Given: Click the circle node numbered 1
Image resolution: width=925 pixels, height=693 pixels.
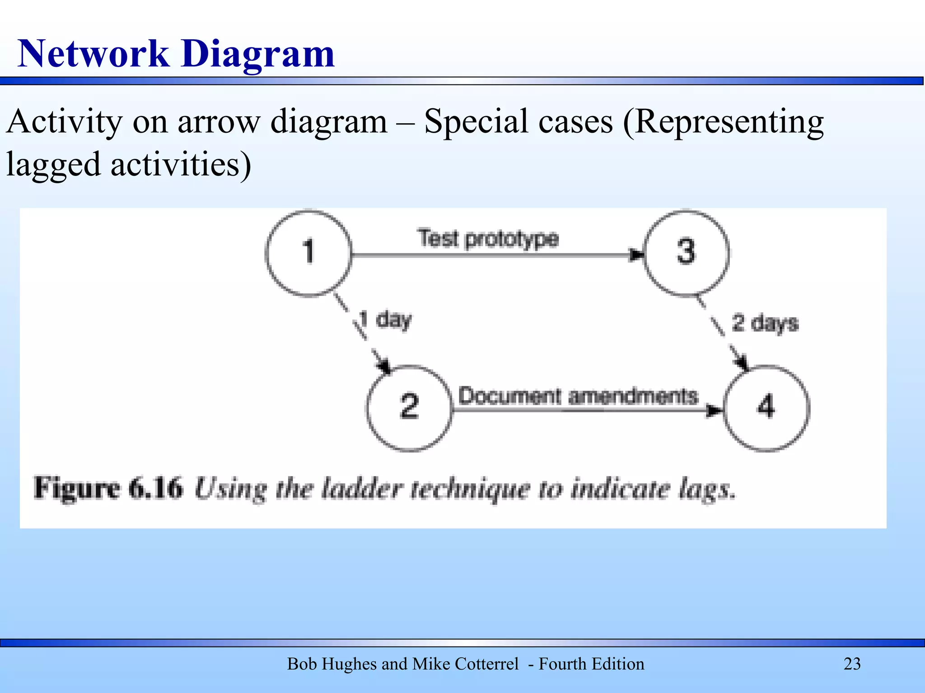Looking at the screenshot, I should coord(308,253).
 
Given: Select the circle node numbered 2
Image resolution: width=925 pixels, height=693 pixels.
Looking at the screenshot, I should coord(409,407).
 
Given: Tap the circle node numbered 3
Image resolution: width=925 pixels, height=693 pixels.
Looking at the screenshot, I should coord(686,253).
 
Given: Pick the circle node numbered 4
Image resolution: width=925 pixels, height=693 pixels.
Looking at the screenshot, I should coord(766,407).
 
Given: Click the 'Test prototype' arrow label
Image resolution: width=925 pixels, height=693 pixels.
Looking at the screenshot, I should coord(488,239).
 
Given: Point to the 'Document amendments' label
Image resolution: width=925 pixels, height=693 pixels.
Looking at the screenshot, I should coord(578,397).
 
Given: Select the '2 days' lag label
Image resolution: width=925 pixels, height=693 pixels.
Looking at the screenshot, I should coord(765,323).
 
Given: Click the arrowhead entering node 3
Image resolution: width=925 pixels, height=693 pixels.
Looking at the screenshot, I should coord(637,255).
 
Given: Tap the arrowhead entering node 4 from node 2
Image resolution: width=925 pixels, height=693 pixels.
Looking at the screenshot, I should coord(715,410).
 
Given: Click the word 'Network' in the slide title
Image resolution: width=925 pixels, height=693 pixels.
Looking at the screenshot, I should coord(93,54).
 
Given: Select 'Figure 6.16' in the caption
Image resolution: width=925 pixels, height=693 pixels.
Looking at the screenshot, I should coord(108,488).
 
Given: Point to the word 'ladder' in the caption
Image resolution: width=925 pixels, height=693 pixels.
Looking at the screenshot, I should coord(361,489).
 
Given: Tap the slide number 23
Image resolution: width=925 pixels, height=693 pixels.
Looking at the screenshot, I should coord(852,664).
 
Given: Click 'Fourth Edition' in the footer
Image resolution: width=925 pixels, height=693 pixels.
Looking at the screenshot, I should coord(591,664).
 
